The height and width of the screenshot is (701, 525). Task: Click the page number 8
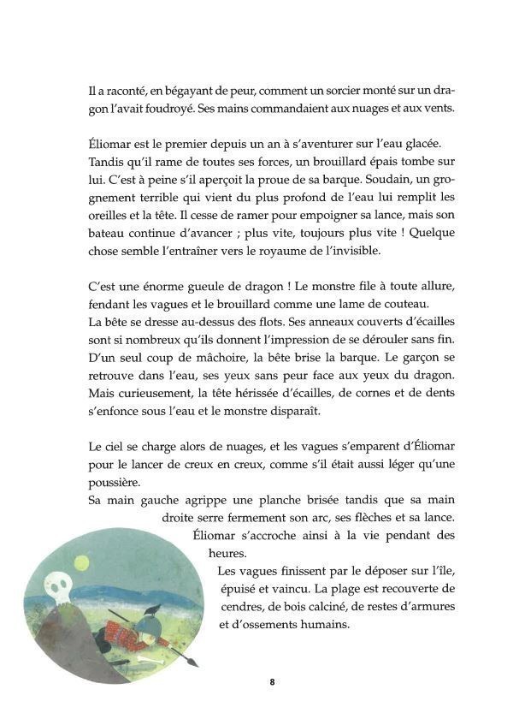[271, 682]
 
